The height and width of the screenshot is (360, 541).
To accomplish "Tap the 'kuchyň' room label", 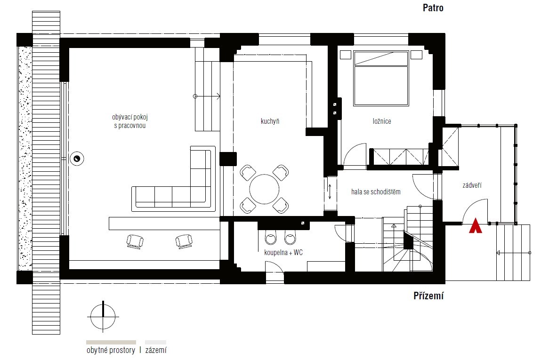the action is (270, 121).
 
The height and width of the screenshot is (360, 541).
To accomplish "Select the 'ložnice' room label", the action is (381, 121).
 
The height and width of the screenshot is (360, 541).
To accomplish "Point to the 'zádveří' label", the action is (472, 185).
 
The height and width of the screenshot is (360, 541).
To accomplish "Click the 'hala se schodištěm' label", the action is (376, 192).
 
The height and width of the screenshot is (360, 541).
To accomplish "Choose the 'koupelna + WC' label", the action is (283, 252).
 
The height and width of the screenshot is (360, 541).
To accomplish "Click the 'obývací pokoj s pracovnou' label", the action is (130, 121).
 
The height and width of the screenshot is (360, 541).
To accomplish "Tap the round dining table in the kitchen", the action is (264, 189).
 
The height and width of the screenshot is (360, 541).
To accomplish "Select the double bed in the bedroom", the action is (381, 78).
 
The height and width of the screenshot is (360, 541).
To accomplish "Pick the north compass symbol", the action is (103, 317).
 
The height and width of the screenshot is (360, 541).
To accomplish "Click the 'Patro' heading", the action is (433, 8).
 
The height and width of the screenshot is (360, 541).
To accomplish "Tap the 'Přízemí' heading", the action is (428, 296).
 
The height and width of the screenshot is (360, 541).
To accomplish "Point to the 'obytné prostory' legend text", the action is (111, 350).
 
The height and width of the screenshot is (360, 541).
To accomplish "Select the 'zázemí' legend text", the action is (155, 350).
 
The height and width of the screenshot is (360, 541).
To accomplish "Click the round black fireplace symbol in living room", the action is (77, 159).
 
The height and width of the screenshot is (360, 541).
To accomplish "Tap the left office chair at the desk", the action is (135, 241).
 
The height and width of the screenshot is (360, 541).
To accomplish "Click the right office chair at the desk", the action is (184, 241).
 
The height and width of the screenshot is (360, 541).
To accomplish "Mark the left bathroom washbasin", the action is (270, 237).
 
